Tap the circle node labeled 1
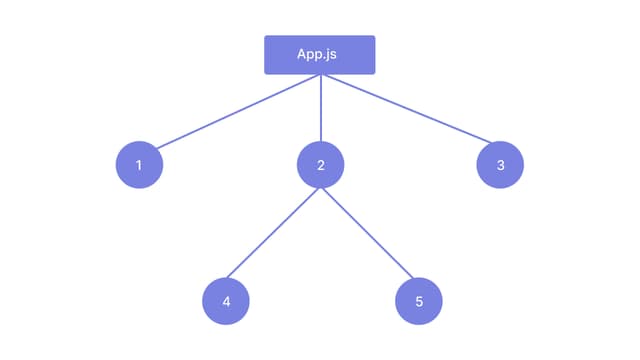point(139,165)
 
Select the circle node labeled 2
point(320,165)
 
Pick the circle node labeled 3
point(500,165)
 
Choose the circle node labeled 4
point(226,301)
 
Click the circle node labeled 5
point(419,301)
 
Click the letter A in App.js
point(302,54)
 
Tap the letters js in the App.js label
point(331,55)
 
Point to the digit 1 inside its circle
point(139,165)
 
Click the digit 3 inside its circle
point(500,165)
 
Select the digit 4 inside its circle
point(226,301)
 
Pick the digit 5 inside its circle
point(419,301)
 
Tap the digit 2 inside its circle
point(320,165)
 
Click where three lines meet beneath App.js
point(320,76)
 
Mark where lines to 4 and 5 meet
point(320,187)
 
